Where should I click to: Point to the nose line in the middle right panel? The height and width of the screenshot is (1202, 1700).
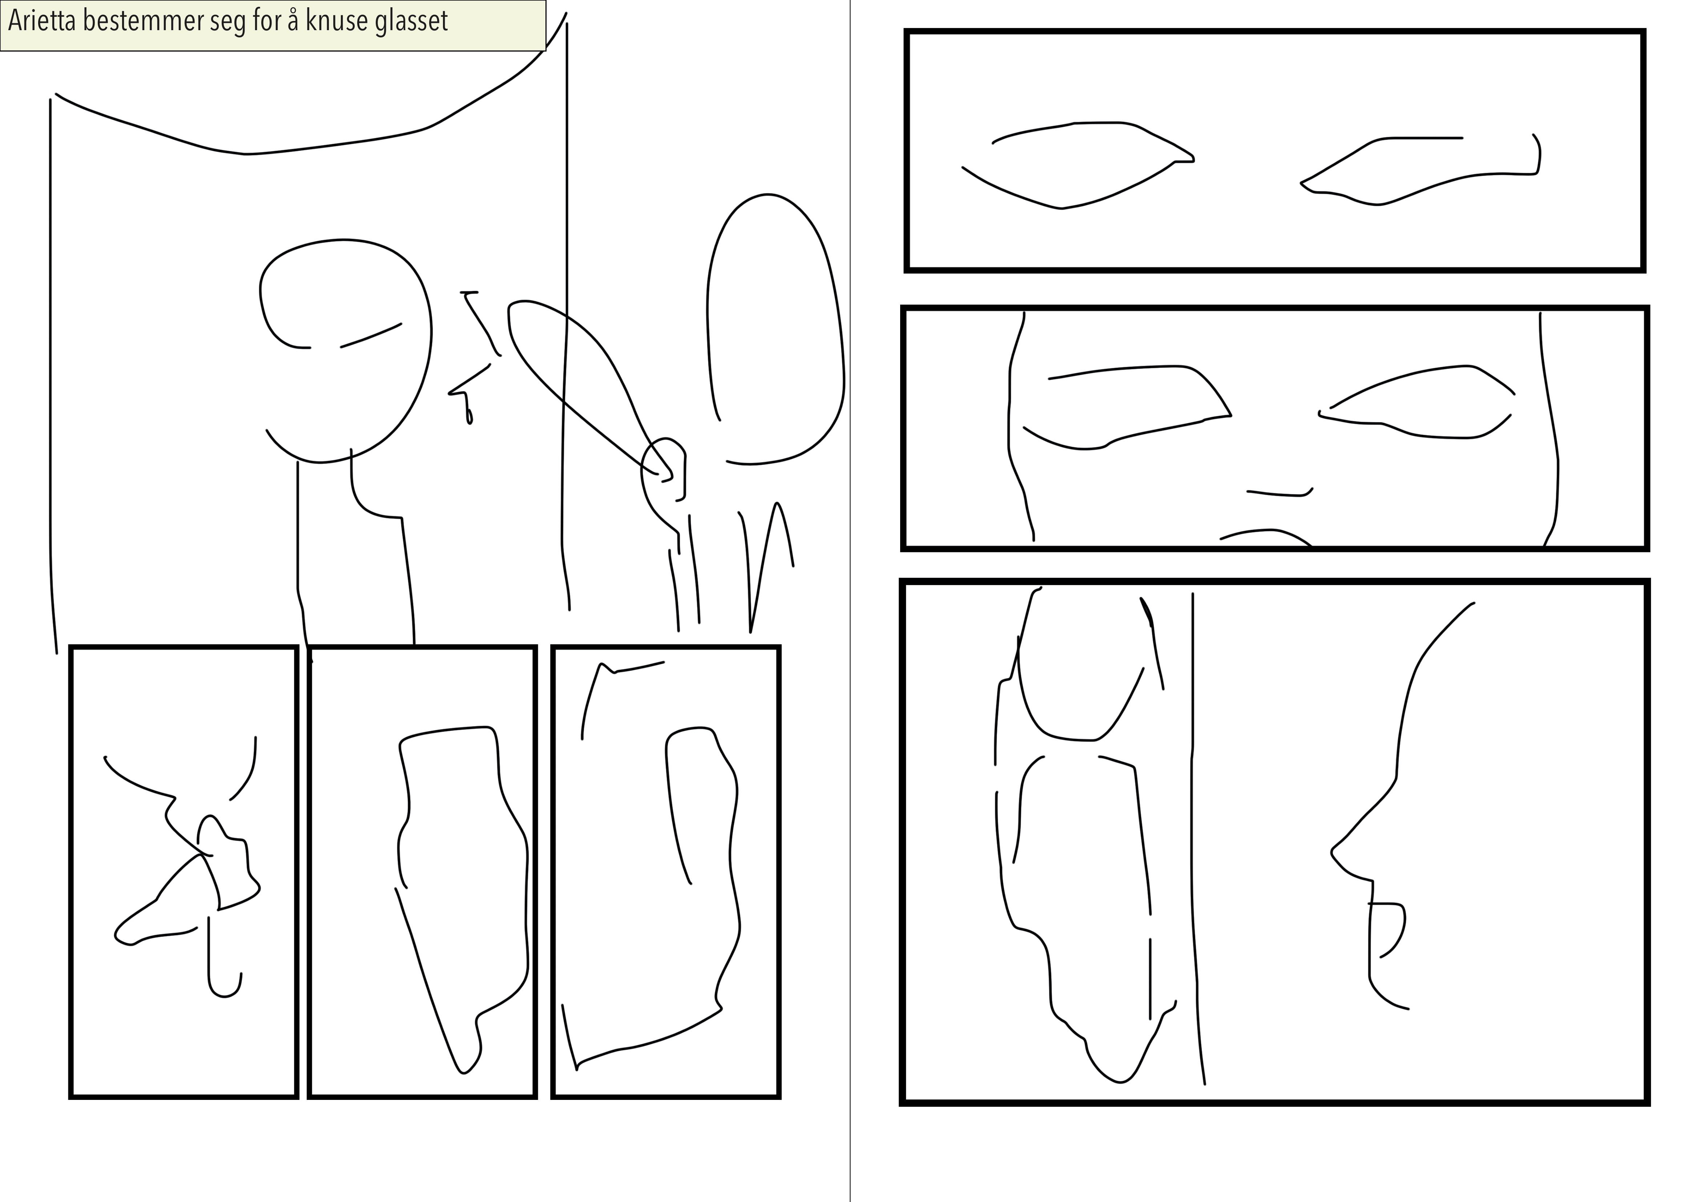pos(1280,493)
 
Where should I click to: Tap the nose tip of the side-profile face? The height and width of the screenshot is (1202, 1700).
pos(1333,857)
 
